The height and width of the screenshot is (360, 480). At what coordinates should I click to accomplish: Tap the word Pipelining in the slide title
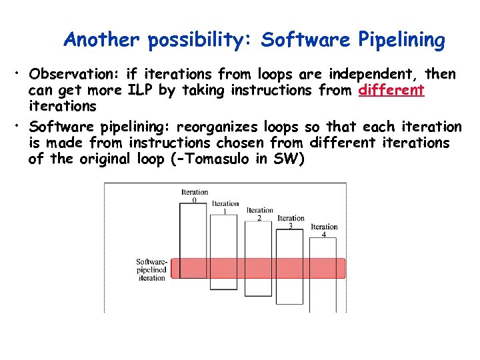pyautogui.click(x=401, y=40)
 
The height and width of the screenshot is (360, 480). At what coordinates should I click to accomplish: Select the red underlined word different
pyautogui.click(x=391, y=90)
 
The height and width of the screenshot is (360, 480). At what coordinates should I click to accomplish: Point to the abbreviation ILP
pyautogui.click(x=141, y=90)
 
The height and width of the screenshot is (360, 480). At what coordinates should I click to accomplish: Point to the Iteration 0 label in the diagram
pyautogui.click(x=195, y=196)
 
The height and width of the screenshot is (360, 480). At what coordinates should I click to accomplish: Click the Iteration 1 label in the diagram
pyautogui.click(x=225, y=207)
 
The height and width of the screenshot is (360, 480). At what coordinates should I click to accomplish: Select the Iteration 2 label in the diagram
pyautogui.click(x=259, y=214)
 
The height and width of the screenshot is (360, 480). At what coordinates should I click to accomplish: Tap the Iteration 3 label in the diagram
pyautogui.click(x=291, y=221)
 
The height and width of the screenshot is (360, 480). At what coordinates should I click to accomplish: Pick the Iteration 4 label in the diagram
pyautogui.click(x=324, y=231)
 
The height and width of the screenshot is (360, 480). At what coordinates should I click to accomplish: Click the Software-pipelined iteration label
pyautogui.click(x=151, y=269)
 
